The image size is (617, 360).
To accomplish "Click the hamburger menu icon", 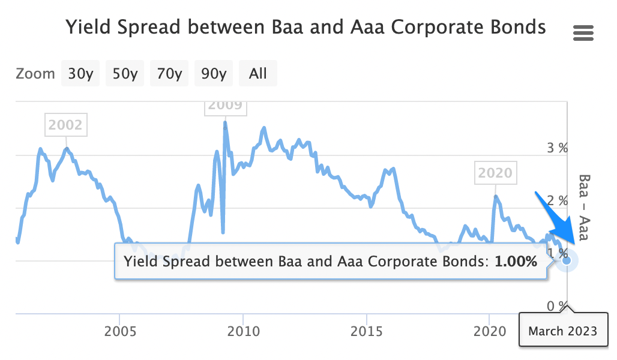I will coord(583,33).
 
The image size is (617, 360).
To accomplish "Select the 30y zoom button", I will coord(80,74).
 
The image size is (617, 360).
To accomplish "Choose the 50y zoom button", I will coord(125,74).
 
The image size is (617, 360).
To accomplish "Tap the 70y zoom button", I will coord(169,74).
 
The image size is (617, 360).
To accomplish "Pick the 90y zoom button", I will coord(214,74).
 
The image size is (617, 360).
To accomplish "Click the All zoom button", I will coord(258,74).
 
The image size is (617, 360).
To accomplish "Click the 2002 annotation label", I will coord(65,125).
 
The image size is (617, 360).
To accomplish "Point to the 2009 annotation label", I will coord(226,106).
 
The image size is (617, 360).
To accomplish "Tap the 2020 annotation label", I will coord(496,173).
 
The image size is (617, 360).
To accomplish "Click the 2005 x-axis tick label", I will coord(120,331).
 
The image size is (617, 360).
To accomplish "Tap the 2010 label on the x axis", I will coord(243,331).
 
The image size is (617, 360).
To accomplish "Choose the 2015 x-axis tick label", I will coord(367,331).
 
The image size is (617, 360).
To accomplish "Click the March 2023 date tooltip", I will coord(562,331).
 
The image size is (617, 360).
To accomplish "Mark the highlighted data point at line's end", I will coord(567,260).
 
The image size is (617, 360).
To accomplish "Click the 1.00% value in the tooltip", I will coord(516,262).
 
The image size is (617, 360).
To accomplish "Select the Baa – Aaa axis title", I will coord(584,207).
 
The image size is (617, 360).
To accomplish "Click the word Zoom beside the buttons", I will coord(35,74).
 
